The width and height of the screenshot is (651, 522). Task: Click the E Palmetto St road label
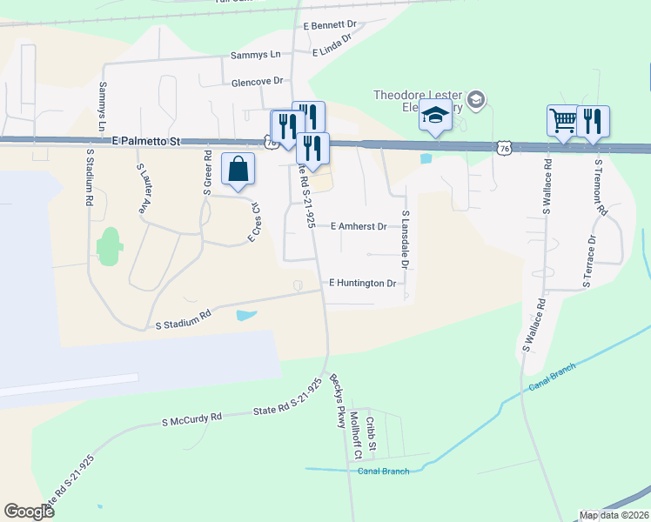point(144,139)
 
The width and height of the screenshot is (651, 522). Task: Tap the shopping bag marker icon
point(238,169)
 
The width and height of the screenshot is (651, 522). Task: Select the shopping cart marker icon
point(563,120)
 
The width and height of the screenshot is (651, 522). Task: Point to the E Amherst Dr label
point(359,226)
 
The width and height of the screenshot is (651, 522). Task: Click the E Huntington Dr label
point(363,283)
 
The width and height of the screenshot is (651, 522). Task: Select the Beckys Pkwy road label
point(337,401)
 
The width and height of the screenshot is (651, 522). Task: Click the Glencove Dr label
point(258,81)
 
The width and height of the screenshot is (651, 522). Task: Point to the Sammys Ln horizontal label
point(256,54)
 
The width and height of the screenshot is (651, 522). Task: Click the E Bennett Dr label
point(331,26)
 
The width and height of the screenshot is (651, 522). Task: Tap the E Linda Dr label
point(332,43)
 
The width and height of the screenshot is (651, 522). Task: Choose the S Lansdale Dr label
point(406,240)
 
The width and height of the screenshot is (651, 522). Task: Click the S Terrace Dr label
point(589,261)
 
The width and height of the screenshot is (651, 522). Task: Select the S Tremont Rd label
point(600,187)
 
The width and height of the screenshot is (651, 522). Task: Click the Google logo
point(30,512)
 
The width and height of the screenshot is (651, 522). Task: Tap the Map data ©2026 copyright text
point(614,515)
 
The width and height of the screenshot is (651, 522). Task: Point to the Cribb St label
point(370,432)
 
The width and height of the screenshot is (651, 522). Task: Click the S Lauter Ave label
point(142,188)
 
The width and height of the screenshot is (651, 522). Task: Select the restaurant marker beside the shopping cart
point(593,120)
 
